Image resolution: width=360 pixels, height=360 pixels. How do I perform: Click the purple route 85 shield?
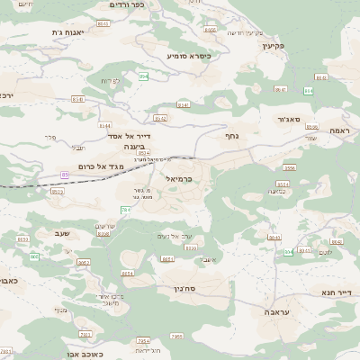pos(65,174)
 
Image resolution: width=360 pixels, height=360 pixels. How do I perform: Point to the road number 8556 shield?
pos(289,168)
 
